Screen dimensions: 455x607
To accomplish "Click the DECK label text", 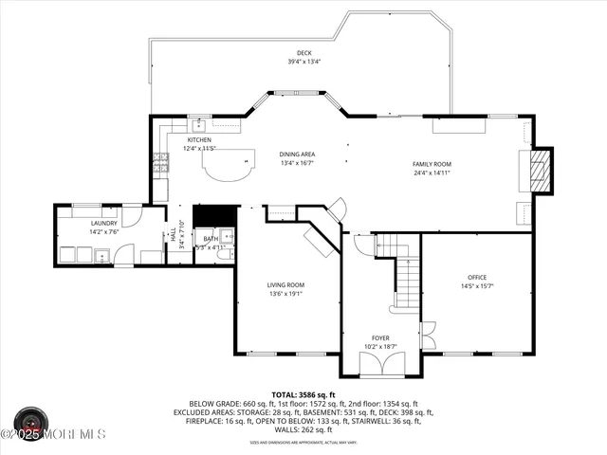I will (304, 53).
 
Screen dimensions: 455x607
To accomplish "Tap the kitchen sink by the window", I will (199, 124).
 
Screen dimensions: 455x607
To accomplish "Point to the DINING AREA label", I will (297, 155).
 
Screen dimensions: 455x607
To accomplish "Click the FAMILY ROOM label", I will (431, 164).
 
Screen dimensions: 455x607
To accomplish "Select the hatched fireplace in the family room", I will (539, 170).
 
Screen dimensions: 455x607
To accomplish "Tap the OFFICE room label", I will (476, 276).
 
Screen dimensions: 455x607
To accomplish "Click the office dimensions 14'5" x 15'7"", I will (476, 285).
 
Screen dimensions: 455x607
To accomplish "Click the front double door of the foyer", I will (379, 363).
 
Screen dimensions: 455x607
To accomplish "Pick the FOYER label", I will (380, 337).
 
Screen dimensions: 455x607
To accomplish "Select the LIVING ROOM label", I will (286, 284).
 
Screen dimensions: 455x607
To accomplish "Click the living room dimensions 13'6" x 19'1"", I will (286, 294).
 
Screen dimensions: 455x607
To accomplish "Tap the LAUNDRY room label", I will (103, 223).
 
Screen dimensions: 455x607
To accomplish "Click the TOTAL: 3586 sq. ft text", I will (303, 394).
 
